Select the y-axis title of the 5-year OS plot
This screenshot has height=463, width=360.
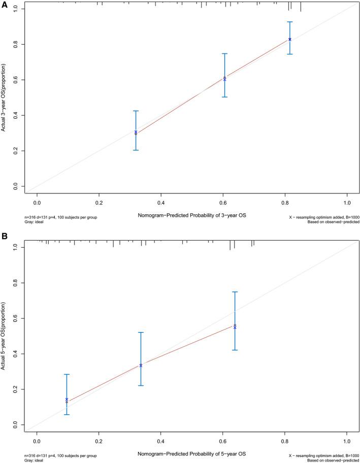click(x=4, y=336)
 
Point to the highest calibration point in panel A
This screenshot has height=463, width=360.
click(x=290, y=39)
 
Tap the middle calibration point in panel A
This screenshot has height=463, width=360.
click(x=224, y=78)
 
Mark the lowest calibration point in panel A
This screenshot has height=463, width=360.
click(x=136, y=133)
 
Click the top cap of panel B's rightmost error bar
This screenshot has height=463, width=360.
click(x=235, y=292)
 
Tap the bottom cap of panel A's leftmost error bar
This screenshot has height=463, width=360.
click(x=136, y=150)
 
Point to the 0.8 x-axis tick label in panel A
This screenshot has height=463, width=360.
click(x=285, y=203)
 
